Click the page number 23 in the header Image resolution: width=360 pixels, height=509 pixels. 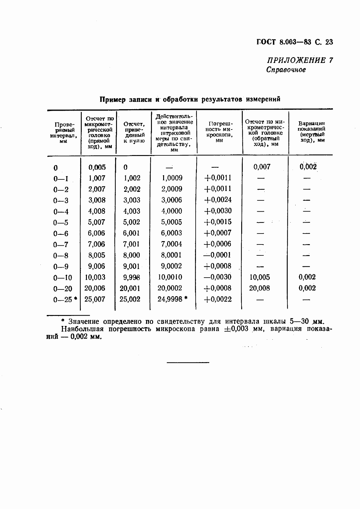329,42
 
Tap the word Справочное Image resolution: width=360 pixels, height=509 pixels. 286,70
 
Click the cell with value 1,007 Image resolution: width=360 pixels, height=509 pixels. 97,178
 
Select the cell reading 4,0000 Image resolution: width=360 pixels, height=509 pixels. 172,211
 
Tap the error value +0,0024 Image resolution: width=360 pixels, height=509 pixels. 218,200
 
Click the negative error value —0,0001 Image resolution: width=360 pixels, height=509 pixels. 217,255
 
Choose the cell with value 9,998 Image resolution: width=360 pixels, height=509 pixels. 132,277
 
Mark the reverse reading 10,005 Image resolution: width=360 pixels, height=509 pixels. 259,277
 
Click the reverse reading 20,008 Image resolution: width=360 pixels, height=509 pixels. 259,288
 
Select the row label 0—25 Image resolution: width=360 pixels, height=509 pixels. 63,300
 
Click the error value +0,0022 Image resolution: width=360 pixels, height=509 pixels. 218,300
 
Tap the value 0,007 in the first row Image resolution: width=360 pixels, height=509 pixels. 262,167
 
